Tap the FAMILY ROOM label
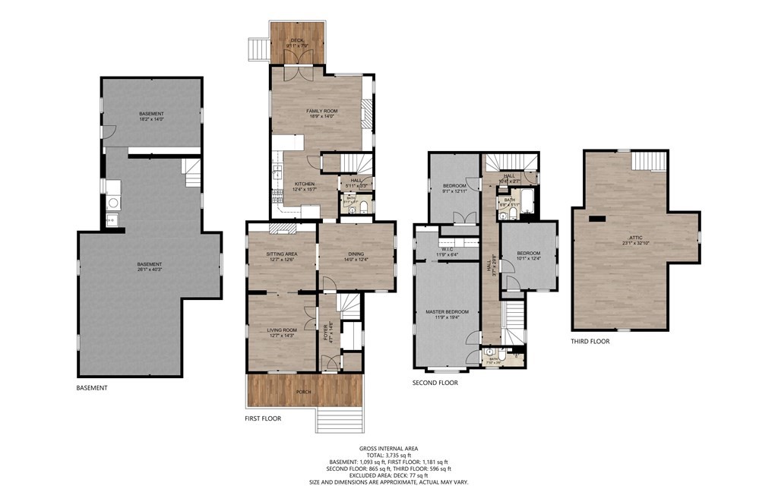click(x=321, y=111)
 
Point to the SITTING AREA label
click(x=280, y=254)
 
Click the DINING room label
click(x=356, y=254)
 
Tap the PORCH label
click(x=302, y=392)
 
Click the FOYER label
click(x=324, y=333)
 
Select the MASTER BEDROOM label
click(x=447, y=311)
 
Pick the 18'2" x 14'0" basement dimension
click(x=151, y=119)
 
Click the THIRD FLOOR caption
click(x=590, y=342)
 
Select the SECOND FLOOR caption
click(x=436, y=383)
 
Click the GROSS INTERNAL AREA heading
click(x=388, y=449)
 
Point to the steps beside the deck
click(x=259, y=49)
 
